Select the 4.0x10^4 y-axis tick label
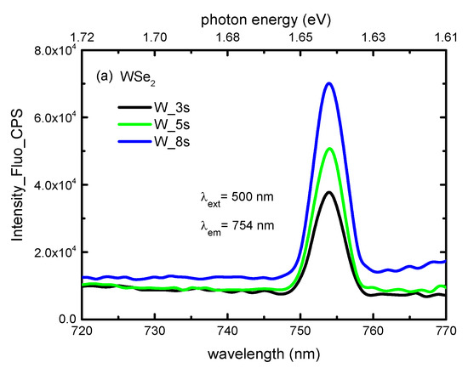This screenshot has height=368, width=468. click(54, 184)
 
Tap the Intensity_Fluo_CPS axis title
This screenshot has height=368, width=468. click(15, 184)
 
